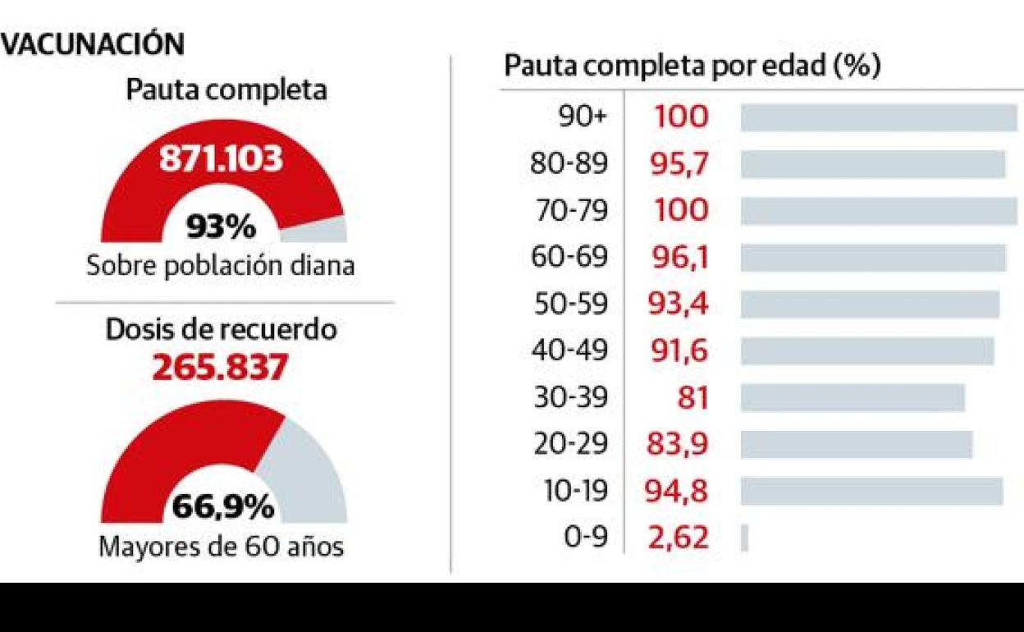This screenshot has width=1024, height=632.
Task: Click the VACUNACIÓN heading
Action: (x=93, y=44)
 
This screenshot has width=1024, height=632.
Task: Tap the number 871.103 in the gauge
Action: (x=222, y=158)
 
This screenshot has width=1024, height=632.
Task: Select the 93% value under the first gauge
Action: (x=222, y=227)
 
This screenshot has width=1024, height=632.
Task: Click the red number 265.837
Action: (x=221, y=368)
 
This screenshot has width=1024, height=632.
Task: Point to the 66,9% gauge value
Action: (x=223, y=507)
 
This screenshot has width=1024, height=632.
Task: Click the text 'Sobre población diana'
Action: (x=221, y=266)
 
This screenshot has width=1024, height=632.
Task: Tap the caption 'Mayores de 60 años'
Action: (x=221, y=547)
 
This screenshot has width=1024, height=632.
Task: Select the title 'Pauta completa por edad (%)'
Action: (x=692, y=66)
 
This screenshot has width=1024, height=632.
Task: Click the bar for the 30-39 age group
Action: (x=852, y=398)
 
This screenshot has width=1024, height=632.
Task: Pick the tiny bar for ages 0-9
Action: (x=744, y=538)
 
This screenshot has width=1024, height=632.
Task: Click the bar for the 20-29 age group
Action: (x=856, y=445)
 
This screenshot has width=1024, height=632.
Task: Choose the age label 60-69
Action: (x=569, y=258)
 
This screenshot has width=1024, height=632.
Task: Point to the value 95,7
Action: (x=680, y=164)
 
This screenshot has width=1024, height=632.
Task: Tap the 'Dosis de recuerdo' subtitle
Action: (x=222, y=329)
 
